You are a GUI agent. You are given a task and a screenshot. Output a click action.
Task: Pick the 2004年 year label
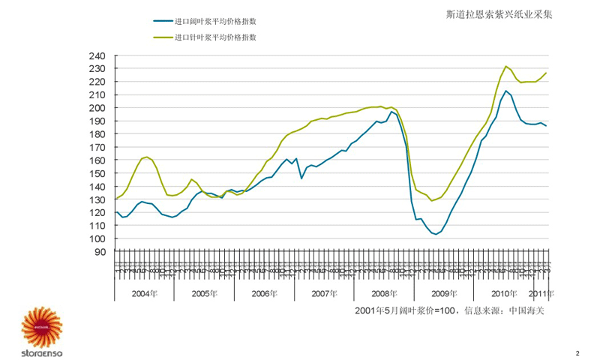point(144,293)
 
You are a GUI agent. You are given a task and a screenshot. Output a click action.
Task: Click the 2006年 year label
point(264,293)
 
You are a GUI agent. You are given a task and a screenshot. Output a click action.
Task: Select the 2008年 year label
point(384,293)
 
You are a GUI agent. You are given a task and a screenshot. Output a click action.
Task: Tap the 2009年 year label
point(444,293)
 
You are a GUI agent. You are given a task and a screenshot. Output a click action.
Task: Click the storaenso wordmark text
point(44,351)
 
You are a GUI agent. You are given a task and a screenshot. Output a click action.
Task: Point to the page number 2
point(577,352)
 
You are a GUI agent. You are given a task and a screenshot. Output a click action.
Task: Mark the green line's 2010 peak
point(506,66)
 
